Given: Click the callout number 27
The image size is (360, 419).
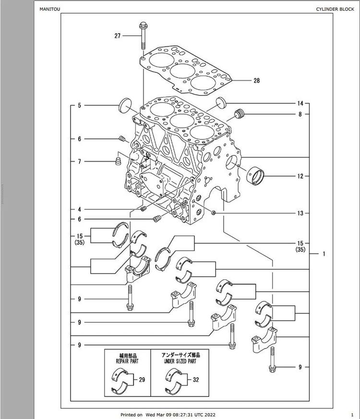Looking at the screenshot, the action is [118, 36].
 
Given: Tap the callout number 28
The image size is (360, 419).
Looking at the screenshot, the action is [257, 81].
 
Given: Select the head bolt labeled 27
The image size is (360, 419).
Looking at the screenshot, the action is [143, 36].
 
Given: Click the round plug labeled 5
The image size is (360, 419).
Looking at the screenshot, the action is [125, 105].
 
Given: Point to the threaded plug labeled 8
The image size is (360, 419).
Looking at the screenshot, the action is [240, 114].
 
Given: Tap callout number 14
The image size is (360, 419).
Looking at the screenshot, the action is [300, 103].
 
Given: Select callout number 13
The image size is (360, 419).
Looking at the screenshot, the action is [300, 213].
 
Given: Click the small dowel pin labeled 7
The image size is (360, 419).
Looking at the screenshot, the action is [118, 161].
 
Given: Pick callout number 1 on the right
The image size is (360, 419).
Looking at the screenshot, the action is [324, 253].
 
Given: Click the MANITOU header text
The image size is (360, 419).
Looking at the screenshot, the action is [50, 9].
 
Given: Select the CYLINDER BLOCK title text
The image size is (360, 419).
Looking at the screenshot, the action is [335, 9].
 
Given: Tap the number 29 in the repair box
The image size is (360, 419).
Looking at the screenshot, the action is [142, 380].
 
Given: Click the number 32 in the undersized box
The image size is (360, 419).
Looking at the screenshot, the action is [196, 380].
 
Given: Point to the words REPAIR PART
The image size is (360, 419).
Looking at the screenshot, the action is [127, 361].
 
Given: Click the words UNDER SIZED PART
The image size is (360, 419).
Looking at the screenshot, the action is [180, 361].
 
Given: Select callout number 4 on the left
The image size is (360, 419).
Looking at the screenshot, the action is [79, 209].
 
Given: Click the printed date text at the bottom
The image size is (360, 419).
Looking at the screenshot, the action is [168, 415].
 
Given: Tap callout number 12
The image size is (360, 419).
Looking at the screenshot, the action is [300, 176].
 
